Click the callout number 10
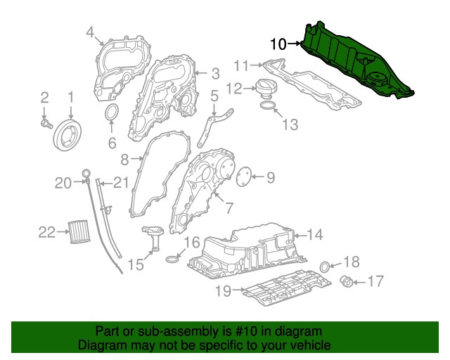(x=278, y=44)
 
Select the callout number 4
(x=91, y=31)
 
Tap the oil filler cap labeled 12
(x=267, y=89)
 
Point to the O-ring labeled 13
(x=268, y=106)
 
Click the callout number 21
(x=122, y=184)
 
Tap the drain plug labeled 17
(x=347, y=282)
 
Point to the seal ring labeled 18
(x=325, y=266)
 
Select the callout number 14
(x=314, y=234)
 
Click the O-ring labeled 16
(x=172, y=261)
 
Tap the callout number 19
(x=223, y=289)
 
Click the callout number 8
(x=124, y=159)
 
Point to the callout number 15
(x=135, y=264)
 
